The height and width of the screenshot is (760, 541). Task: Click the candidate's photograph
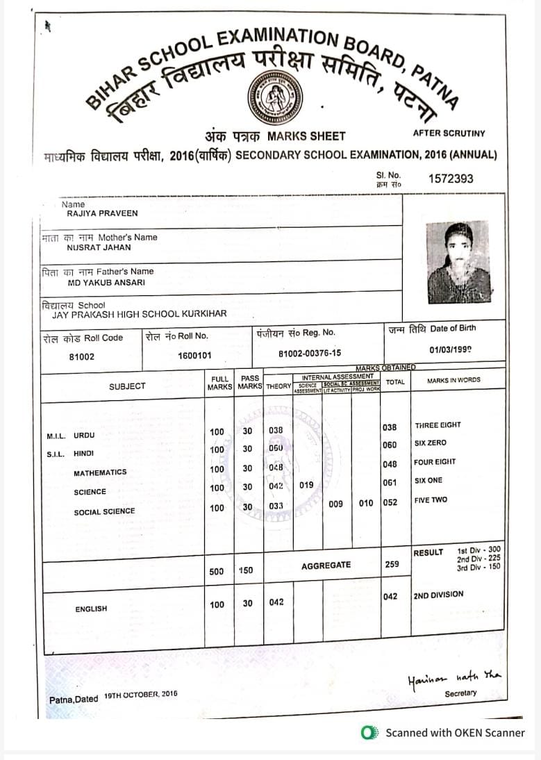point(458,262)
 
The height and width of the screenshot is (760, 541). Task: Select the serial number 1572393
point(451,179)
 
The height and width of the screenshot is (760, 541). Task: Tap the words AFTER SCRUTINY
point(449,133)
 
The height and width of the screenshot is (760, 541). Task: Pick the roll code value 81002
point(81,356)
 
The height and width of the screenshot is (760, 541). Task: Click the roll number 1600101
point(194,356)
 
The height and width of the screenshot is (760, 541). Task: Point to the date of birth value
point(451,350)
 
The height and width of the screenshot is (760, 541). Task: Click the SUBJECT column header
point(127,386)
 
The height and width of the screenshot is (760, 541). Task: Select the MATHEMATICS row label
point(100,472)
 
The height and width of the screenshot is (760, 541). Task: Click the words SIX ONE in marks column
point(428,481)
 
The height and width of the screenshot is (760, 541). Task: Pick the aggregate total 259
point(392,564)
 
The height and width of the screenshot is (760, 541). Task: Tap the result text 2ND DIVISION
point(438,595)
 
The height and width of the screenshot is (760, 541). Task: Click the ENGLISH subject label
point(91,609)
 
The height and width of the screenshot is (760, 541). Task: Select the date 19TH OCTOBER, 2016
point(141,694)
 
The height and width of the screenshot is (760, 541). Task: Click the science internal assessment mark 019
point(306,486)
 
